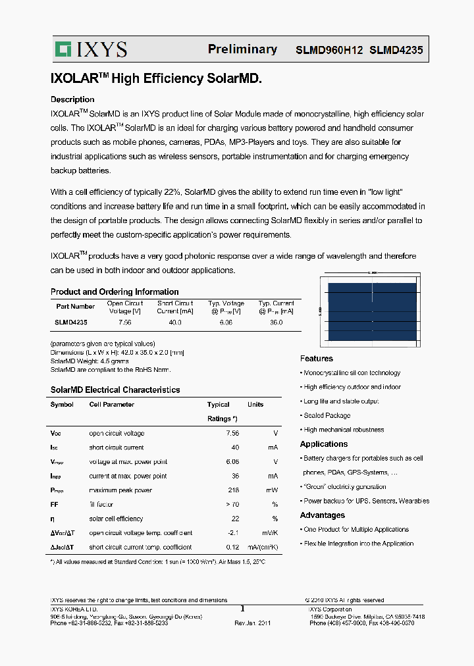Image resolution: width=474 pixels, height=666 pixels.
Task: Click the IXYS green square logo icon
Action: (63, 49)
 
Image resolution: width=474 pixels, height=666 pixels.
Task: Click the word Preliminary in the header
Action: (242, 49)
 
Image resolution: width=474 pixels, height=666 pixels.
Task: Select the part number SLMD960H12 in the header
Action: (329, 50)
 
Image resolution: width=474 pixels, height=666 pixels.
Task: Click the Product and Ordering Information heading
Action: (115, 292)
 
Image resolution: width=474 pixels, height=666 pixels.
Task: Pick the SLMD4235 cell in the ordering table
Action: (71, 322)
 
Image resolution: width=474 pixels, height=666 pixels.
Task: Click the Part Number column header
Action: (75, 307)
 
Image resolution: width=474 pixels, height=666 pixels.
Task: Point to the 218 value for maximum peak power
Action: (232, 490)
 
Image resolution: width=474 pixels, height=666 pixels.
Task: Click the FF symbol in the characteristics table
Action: (55, 504)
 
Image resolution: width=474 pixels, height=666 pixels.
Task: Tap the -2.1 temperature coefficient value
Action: (232, 533)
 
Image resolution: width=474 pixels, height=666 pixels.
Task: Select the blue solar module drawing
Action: (372, 311)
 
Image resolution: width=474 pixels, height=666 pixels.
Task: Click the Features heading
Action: (317, 359)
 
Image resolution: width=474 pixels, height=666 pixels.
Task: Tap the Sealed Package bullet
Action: (327, 415)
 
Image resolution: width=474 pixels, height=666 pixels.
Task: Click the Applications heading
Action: (324, 444)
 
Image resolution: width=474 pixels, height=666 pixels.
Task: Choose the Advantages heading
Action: (323, 515)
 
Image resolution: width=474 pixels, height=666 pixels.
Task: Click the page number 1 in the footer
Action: (242, 609)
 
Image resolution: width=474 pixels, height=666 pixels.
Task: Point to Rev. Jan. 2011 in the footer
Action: (253, 623)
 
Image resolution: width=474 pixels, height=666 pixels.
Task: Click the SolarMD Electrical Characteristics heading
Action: (115, 390)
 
